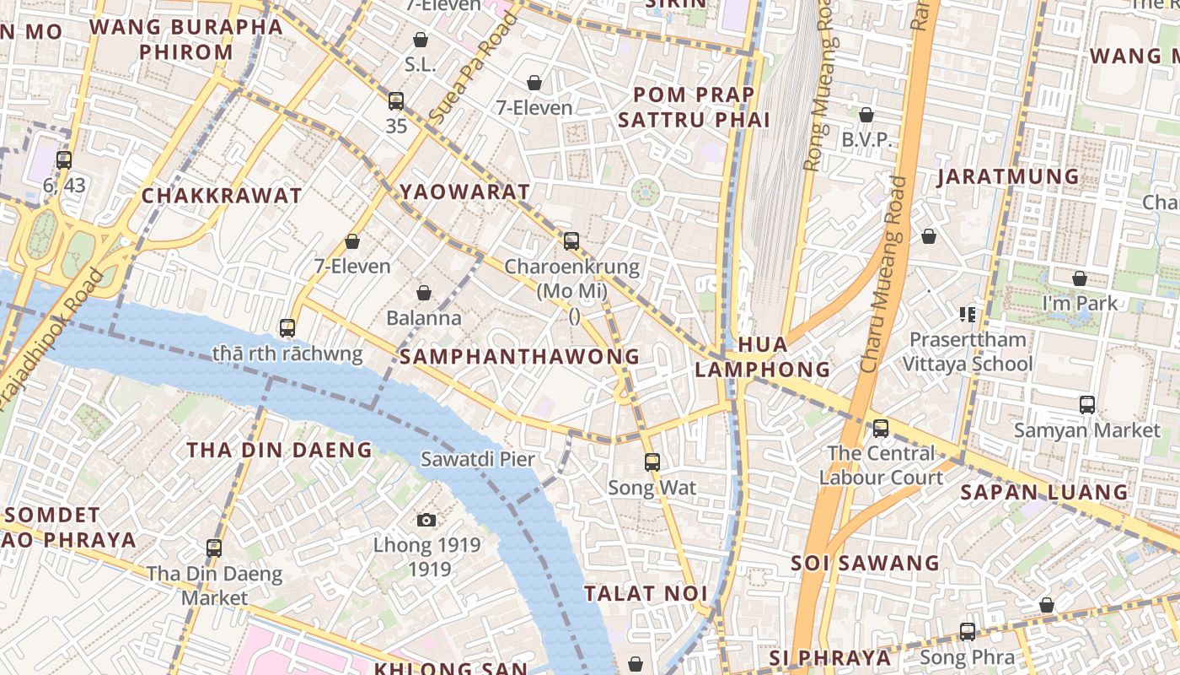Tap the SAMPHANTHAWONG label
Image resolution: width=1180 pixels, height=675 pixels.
(x=519, y=357)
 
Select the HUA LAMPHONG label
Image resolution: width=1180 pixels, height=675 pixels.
(x=763, y=357)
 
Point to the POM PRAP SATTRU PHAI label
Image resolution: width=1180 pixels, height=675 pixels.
(x=694, y=107)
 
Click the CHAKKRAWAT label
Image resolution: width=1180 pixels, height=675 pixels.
(x=221, y=197)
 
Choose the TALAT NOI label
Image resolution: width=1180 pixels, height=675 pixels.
(x=646, y=593)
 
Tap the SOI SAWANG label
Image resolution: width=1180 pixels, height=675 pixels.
(x=865, y=563)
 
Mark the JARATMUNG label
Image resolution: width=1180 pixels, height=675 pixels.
(x=1008, y=176)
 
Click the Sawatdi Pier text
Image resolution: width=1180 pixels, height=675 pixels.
(x=478, y=460)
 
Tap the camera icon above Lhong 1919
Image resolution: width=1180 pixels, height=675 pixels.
(x=426, y=520)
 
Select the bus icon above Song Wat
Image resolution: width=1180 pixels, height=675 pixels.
(x=652, y=462)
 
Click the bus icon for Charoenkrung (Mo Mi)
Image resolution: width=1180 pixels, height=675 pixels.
(x=571, y=241)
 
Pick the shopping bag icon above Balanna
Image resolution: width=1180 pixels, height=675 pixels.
(x=424, y=293)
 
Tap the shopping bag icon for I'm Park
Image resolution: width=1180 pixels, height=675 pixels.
(x=1080, y=278)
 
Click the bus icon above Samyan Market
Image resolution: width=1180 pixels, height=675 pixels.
(x=1087, y=405)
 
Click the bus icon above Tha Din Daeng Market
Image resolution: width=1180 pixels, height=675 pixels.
(x=214, y=548)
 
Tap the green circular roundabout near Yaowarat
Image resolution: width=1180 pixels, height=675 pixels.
(x=646, y=193)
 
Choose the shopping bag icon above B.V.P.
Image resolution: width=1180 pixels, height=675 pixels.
(x=866, y=115)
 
